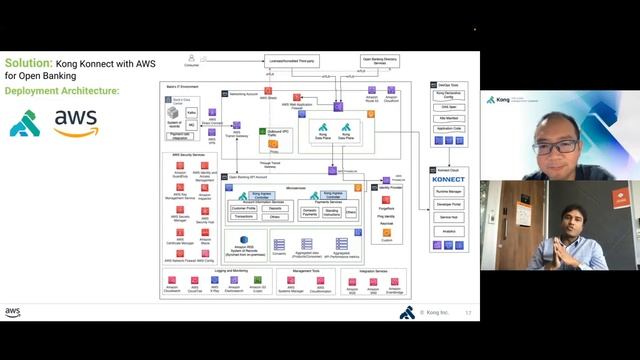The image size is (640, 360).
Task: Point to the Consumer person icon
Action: (204, 61)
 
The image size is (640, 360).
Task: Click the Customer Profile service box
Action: (243, 207)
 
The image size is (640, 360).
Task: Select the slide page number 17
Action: (467, 312)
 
